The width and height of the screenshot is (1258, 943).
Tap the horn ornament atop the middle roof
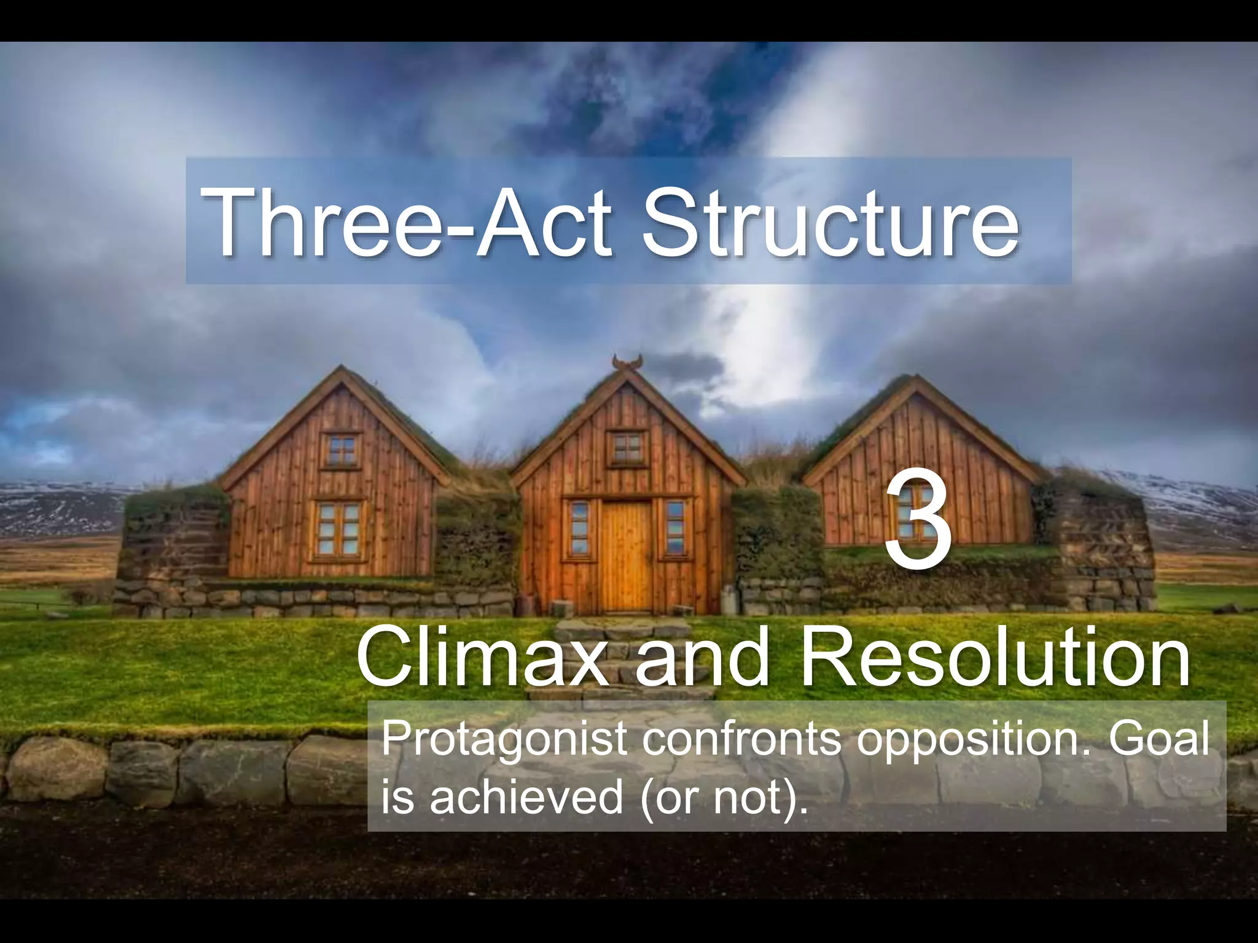[x=627, y=362]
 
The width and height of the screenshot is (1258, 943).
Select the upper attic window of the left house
[x=342, y=450]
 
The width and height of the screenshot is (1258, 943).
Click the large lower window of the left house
[x=338, y=529]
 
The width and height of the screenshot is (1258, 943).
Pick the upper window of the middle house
[x=627, y=447]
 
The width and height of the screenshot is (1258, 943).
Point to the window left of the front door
[x=579, y=528]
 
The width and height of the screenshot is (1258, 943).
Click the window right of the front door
[x=674, y=528]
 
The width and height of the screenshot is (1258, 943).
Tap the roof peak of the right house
[x=915, y=379]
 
